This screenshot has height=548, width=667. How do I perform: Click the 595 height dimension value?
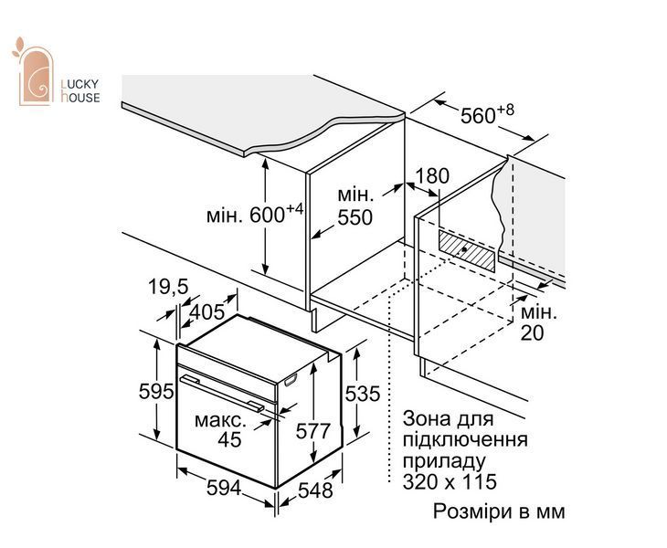(156, 392)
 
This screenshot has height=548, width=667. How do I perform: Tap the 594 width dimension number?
(224, 488)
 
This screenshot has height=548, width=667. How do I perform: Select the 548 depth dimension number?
(315, 490)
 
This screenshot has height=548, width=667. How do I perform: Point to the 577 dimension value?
(313, 431)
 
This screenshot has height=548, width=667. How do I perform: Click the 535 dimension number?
(362, 394)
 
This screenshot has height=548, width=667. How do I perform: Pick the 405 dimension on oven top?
(206, 312)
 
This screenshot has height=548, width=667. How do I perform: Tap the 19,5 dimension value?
(168, 287)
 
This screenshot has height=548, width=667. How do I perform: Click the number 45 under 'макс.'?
(229, 439)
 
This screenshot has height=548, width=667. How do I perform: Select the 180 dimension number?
(432, 176)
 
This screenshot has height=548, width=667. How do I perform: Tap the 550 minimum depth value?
(355, 217)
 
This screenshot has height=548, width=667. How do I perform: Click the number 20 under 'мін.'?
(532, 332)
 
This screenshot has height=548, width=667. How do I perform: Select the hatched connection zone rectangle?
(467, 250)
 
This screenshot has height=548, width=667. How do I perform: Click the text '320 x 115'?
(450, 482)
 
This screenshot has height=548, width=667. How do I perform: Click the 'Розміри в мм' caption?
(499, 511)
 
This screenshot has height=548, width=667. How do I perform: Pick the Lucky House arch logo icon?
(33, 72)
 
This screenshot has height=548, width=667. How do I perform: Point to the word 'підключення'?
(465, 440)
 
